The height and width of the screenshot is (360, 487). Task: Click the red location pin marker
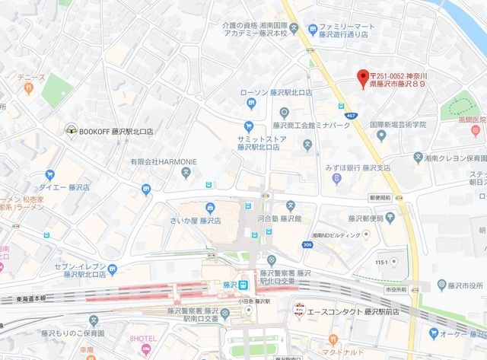363,77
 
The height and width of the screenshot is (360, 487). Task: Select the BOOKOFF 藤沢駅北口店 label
121,131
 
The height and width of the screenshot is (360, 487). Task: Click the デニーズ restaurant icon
29,88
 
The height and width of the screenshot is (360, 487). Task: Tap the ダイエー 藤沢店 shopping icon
50,175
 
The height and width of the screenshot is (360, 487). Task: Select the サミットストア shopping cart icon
248,126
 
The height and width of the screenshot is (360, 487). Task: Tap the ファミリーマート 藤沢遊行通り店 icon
313,30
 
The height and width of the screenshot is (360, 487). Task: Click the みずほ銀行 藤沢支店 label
357,167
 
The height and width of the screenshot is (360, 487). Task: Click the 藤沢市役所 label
461,285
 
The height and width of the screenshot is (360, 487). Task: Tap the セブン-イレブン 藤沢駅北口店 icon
113,269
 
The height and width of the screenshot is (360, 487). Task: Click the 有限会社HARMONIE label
161,161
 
